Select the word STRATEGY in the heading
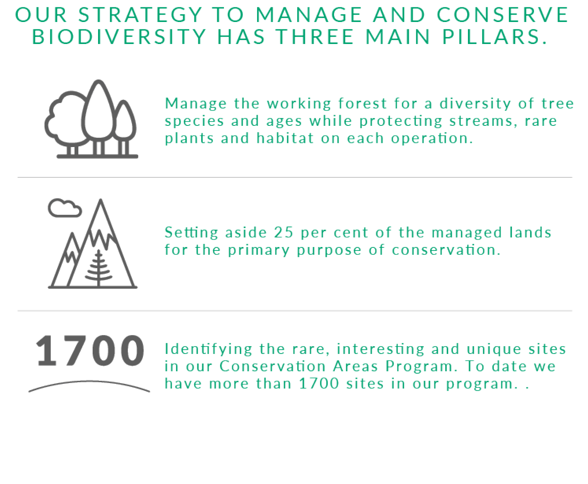[140, 15]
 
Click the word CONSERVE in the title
[502, 15]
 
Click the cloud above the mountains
[65, 208]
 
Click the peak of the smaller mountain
[73, 234]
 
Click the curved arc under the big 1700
[89, 381]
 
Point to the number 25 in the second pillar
[283, 232]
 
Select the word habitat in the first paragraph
[285, 138]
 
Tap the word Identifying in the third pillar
[208, 349]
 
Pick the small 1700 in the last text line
[319, 384]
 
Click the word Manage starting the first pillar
[196, 104]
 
